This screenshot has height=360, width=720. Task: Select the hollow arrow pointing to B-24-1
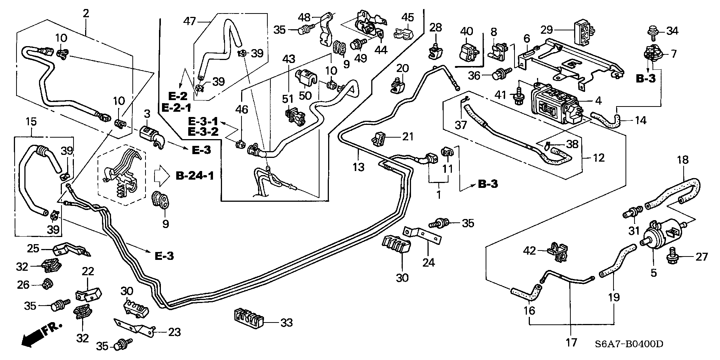click(162, 175)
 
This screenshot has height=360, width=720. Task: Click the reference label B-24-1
click(195, 175)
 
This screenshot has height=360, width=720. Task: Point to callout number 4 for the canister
click(598, 100)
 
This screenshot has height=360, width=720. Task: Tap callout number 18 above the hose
click(683, 160)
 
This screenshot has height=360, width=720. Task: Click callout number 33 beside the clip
click(287, 322)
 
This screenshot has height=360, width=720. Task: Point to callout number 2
click(86, 13)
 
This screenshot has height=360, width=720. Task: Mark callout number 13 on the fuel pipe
click(358, 167)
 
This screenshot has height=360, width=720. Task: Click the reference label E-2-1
click(176, 108)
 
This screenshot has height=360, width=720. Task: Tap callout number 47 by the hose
click(190, 21)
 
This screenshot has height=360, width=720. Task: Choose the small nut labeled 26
click(47, 284)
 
